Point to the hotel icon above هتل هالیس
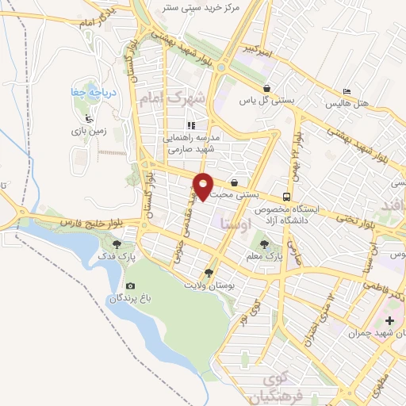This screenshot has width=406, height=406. [346, 91]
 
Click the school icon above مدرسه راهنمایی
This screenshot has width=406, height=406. [190, 124]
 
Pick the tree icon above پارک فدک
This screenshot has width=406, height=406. [118, 244]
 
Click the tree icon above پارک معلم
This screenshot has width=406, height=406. [264, 244]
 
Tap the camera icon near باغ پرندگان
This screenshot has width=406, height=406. [130, 286]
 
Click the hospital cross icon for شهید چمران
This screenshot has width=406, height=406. [389, 321]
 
